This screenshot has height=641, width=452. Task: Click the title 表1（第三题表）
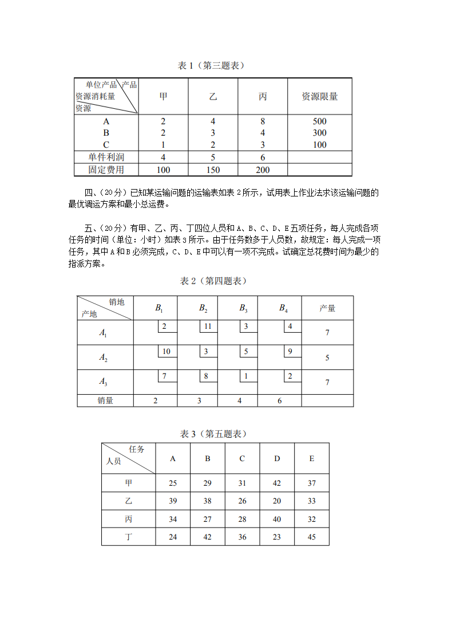tap(211, 66)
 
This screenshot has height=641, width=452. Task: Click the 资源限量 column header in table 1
tap(319, 96)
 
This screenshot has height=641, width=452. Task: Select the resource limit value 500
tap(319, 121)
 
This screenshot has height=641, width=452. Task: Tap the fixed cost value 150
tap(212, 170)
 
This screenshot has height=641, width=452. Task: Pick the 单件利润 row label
tap(106, 157)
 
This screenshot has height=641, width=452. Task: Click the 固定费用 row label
tap(106, 170)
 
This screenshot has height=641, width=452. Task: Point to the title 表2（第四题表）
tap(213, 281)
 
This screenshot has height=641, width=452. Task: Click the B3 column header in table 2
tap(243, 308)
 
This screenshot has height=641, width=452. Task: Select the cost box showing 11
tap(208, 327)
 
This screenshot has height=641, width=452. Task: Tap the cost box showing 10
tap(166, 351)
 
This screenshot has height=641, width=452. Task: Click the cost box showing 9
tap(290, 351)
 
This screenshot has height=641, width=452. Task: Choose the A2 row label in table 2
tap(104, 357)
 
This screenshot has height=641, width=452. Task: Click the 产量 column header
tap(327, 308)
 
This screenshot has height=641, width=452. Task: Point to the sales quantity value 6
tap(280, 401)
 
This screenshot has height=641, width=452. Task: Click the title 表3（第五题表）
tap(213, 434)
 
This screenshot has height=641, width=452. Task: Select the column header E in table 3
tap(312, 458)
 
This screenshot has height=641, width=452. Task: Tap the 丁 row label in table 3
tap(129, 537)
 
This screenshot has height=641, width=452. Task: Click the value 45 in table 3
tap(312, 537)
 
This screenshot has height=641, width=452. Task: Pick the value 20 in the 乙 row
tap(277, 501)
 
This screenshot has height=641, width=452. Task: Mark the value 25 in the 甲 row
tap(173, 483)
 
